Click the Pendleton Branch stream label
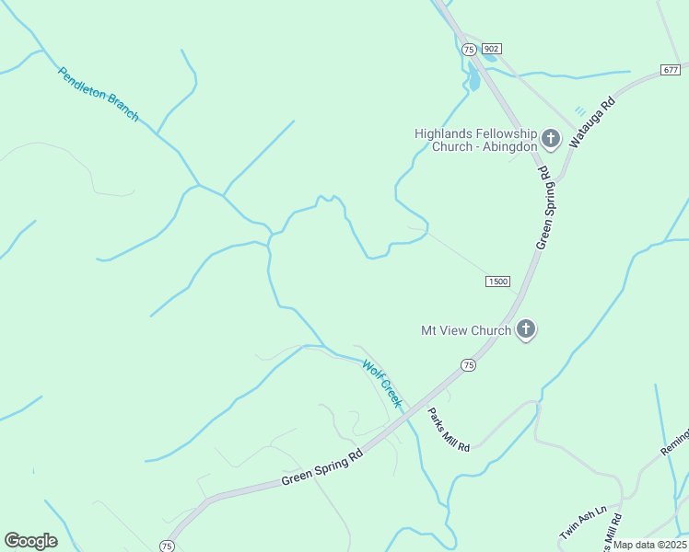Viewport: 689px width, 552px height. [98, 94]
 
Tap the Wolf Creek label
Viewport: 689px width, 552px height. [382, 383]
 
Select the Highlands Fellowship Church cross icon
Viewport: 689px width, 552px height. [551, 139]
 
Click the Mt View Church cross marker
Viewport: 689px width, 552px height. [526, 328]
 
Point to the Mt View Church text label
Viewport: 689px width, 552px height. [466, 330]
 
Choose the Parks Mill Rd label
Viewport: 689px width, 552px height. [450, 429]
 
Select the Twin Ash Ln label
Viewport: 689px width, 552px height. [583, 523]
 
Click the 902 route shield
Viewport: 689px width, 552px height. [491, 49]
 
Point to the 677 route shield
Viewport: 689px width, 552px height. [671, 70]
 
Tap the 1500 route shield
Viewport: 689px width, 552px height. [497, 281]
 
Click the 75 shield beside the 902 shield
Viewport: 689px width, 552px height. [469, 49]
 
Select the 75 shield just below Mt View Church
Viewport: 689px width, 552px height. [469, 365]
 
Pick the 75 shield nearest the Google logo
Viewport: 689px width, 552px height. [167, 546]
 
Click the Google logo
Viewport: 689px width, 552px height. [30, 541]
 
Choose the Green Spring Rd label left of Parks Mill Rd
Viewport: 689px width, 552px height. [322, 467]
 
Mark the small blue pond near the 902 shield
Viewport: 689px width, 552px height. [473, 77]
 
